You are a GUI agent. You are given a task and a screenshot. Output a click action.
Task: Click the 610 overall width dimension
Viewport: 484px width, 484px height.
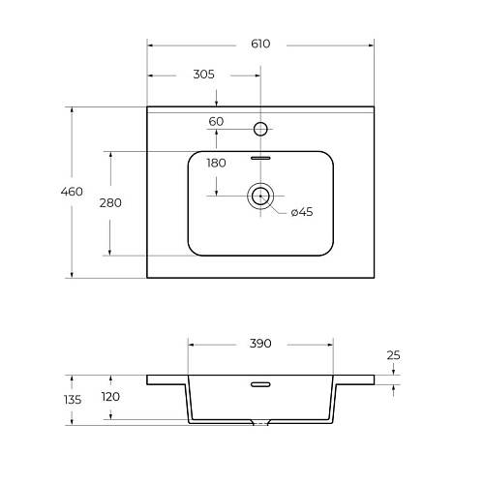[260, 44]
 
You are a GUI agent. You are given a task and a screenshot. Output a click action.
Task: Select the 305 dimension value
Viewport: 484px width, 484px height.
[203, 75]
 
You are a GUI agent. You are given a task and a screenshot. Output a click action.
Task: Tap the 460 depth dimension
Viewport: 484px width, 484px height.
[72, 192]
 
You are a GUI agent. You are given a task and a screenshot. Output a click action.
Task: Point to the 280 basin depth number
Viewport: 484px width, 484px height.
[110, 203]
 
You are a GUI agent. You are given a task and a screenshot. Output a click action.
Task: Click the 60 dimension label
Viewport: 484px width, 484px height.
[216, 122]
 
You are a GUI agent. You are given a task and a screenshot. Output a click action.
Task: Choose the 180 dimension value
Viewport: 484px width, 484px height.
[216, 164]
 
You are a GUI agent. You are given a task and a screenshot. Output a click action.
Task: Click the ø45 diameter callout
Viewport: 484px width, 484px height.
[302, 212]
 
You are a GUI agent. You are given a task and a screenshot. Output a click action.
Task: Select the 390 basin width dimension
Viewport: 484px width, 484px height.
[260, 344]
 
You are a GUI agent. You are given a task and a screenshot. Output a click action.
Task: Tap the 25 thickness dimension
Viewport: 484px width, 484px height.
[393, 355]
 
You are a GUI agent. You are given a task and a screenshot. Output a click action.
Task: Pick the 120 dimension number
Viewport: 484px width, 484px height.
[110, 397]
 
